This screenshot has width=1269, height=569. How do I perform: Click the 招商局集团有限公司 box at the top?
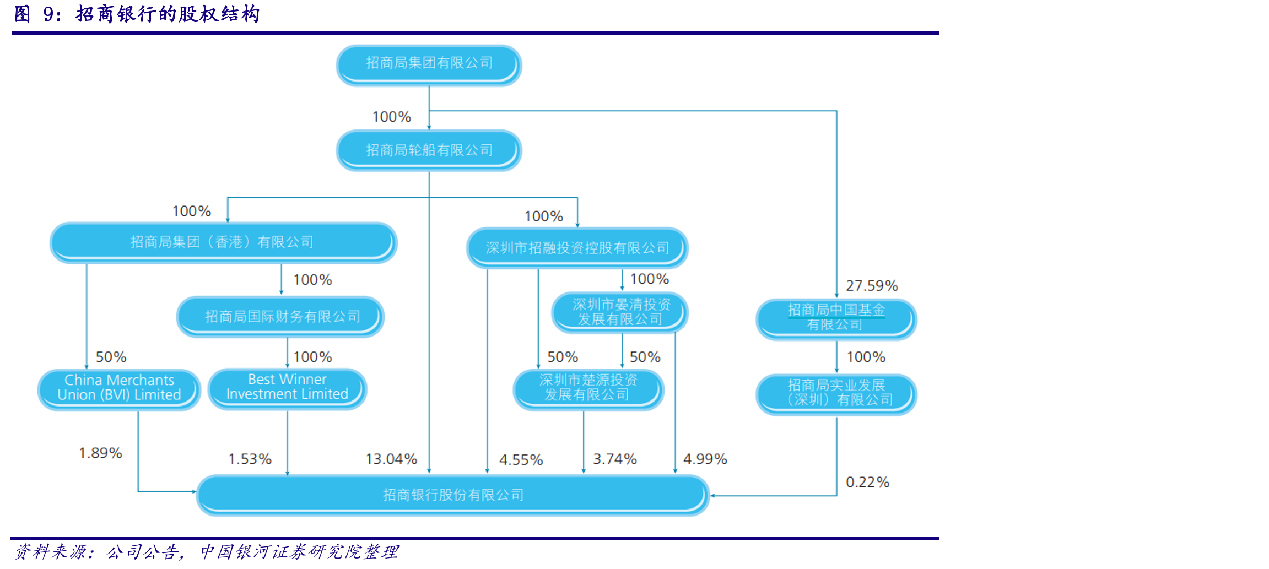429,65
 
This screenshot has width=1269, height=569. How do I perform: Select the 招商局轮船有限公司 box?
429,150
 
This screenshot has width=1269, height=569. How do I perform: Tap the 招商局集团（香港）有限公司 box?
223,243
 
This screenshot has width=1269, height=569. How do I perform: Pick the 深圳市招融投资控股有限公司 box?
577,248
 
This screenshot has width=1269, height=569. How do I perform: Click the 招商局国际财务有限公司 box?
280,317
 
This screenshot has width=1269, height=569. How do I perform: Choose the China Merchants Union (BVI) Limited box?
119,389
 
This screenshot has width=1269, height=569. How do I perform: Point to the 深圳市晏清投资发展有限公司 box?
620,312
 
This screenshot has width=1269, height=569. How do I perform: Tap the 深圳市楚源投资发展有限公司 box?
588,389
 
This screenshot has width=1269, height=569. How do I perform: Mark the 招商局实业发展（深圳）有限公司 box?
836,394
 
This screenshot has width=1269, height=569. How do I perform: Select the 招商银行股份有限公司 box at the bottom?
453,495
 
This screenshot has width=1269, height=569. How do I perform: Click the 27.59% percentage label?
872,286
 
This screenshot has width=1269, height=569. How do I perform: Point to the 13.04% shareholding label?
391,459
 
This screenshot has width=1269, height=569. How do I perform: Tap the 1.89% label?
100,453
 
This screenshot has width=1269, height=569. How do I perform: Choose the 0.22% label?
868,482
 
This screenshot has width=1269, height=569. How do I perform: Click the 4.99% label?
705,459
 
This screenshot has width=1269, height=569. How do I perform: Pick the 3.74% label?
615,459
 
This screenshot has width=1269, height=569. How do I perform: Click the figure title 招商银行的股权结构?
168,14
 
